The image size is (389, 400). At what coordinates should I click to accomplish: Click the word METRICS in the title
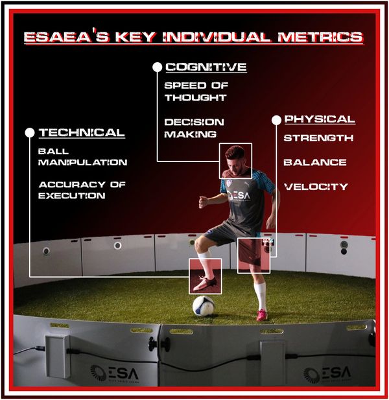click(320, 37)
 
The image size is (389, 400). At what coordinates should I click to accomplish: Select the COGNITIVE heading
click(206, 67)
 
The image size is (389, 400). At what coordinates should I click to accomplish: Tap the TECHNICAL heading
click(82, 133)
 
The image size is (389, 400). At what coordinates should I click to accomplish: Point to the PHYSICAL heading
click(320, 119)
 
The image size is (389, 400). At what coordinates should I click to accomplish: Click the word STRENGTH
click(318, 138)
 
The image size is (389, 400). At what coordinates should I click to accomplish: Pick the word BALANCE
click(315, 162)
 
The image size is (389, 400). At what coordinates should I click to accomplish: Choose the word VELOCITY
click(316, 187)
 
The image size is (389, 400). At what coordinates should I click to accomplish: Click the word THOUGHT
click(196, 97)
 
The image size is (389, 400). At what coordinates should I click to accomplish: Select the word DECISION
click(194, 122)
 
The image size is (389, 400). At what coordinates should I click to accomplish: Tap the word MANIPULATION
click(82, 163)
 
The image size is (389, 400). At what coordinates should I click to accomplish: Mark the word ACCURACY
click(72, 184)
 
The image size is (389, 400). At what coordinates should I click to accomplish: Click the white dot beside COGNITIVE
click(158, 67)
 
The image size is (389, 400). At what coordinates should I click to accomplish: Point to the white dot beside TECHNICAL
click(30, 133)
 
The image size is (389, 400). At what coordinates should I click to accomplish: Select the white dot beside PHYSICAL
click(276, 120)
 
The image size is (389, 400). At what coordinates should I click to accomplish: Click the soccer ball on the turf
click(204, 306)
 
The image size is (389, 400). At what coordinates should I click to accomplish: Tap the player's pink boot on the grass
click(262, 315)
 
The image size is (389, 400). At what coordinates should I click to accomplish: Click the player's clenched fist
click(204, 202)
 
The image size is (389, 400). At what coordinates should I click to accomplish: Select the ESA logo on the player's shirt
click(239, 196)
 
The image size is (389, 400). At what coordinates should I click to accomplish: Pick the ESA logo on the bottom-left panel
click(115, 373)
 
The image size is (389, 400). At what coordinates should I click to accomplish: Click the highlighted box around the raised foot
click(189, 276)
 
